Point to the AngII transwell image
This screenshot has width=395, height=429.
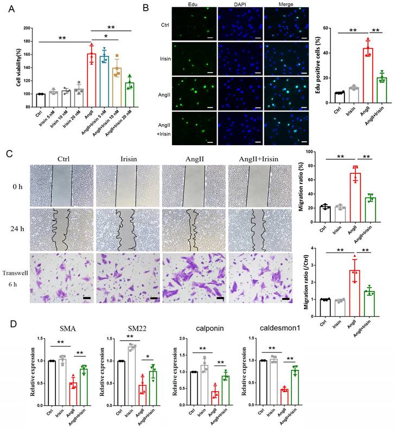(x=193, y=276)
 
